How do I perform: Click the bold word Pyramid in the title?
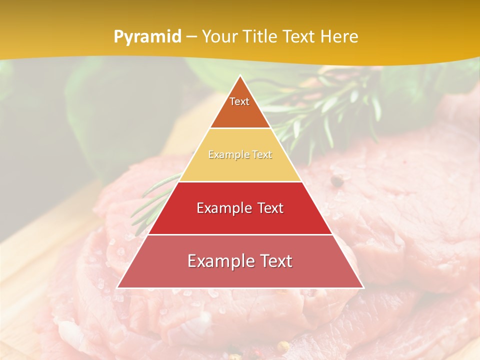(147, 37)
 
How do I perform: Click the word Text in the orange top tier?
(239, 101)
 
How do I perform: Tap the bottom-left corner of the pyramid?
(117, 287)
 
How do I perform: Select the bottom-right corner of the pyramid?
(363, 287)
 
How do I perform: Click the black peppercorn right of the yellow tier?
(336, 181)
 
